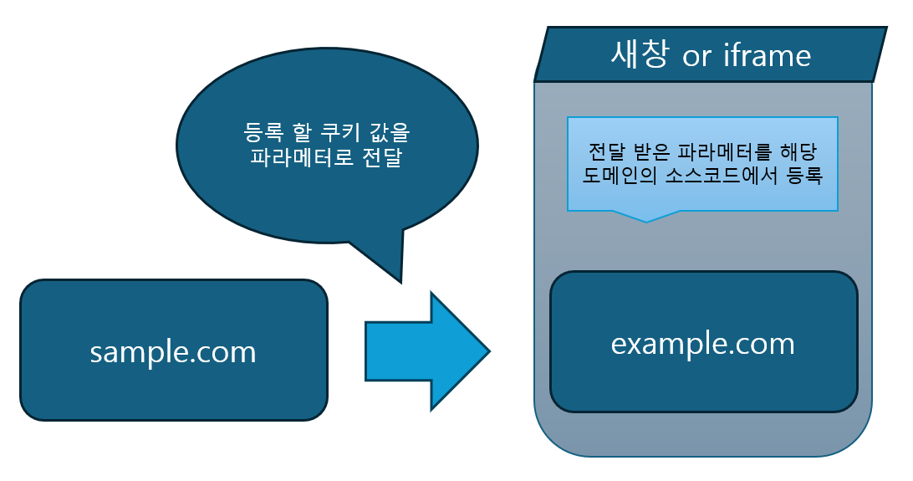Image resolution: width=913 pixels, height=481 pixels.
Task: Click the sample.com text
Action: pos(173,352)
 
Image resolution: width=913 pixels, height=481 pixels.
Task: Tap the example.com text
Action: pos(703,343)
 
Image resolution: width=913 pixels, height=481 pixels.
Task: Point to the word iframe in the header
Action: pos(768,55)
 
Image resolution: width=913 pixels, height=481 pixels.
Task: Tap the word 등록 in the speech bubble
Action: pos(263,132)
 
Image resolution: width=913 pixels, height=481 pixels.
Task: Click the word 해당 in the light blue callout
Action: pos(794,152)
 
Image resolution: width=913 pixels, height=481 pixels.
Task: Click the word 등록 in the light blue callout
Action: pos(805,177)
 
